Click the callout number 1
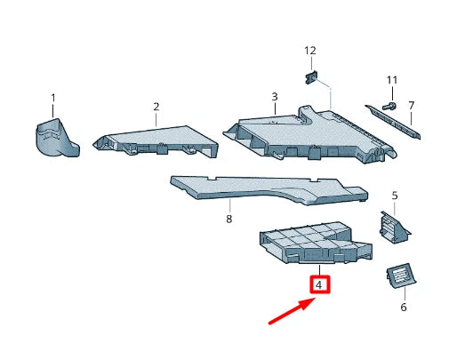click(x=52, y=97)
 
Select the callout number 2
click(x=156, y=107)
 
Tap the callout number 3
click(x=274, y=96)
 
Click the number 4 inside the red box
click(x=319, y=285)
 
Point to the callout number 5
click(x=395, y=196)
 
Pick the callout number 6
click(x=402, y=307)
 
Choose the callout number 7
click(x=411, y=106)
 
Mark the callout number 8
click(x=229, y=218)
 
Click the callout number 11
click(x=391, y=81)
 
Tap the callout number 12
click(x=310, y=51)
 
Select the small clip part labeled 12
click(x=312, y=78)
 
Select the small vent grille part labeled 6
click(x=399, y=276)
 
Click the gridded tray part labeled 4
click(x=307, y=242)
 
